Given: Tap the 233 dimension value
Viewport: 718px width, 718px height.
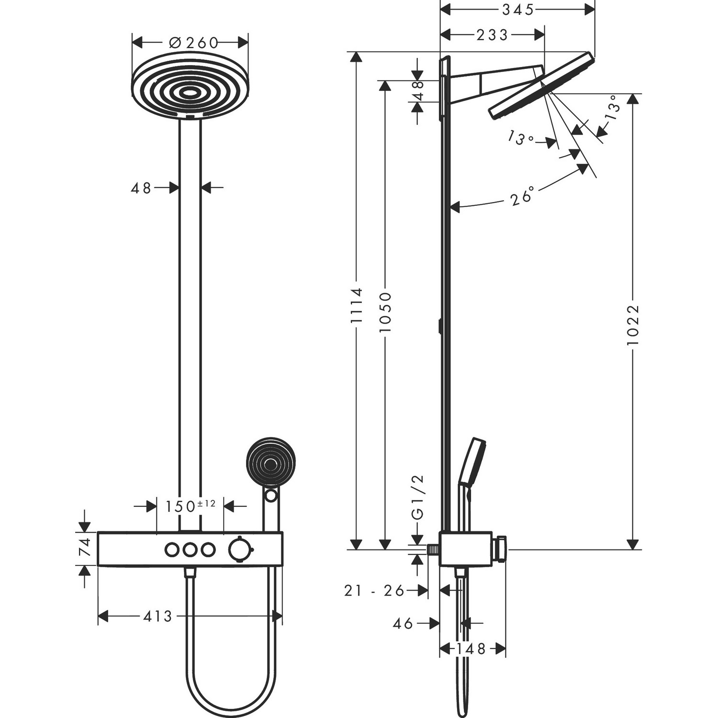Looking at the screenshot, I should [x=492, y=34].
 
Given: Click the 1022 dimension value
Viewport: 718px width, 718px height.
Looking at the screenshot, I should [x=633, y=325].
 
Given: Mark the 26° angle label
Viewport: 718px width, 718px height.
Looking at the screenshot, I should [x=522, y=197].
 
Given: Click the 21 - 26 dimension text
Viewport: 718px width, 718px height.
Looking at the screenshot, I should [x=374, y=591].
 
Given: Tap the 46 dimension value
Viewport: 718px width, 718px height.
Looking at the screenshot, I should [x=403, y=623].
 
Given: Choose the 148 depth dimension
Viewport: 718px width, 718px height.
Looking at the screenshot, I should [x=471, y=649].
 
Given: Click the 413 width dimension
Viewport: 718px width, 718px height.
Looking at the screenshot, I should [x=157, y=616].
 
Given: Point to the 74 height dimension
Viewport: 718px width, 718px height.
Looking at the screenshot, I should [x=84, y=549].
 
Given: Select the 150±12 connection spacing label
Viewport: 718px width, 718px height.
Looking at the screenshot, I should [x=190, y=506].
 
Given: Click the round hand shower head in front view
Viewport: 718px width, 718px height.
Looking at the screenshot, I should [x=270, y=463].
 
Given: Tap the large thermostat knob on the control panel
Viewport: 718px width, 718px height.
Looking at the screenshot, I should [x=238, y=549].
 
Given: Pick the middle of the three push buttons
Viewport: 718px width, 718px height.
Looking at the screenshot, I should [x=190, y=550].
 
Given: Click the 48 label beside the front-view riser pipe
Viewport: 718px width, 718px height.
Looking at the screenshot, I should [x=141, y=188].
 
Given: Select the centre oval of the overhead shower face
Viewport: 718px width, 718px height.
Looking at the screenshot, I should [x=191, y=93].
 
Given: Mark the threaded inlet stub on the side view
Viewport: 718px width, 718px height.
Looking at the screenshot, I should [x=433, y=550].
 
